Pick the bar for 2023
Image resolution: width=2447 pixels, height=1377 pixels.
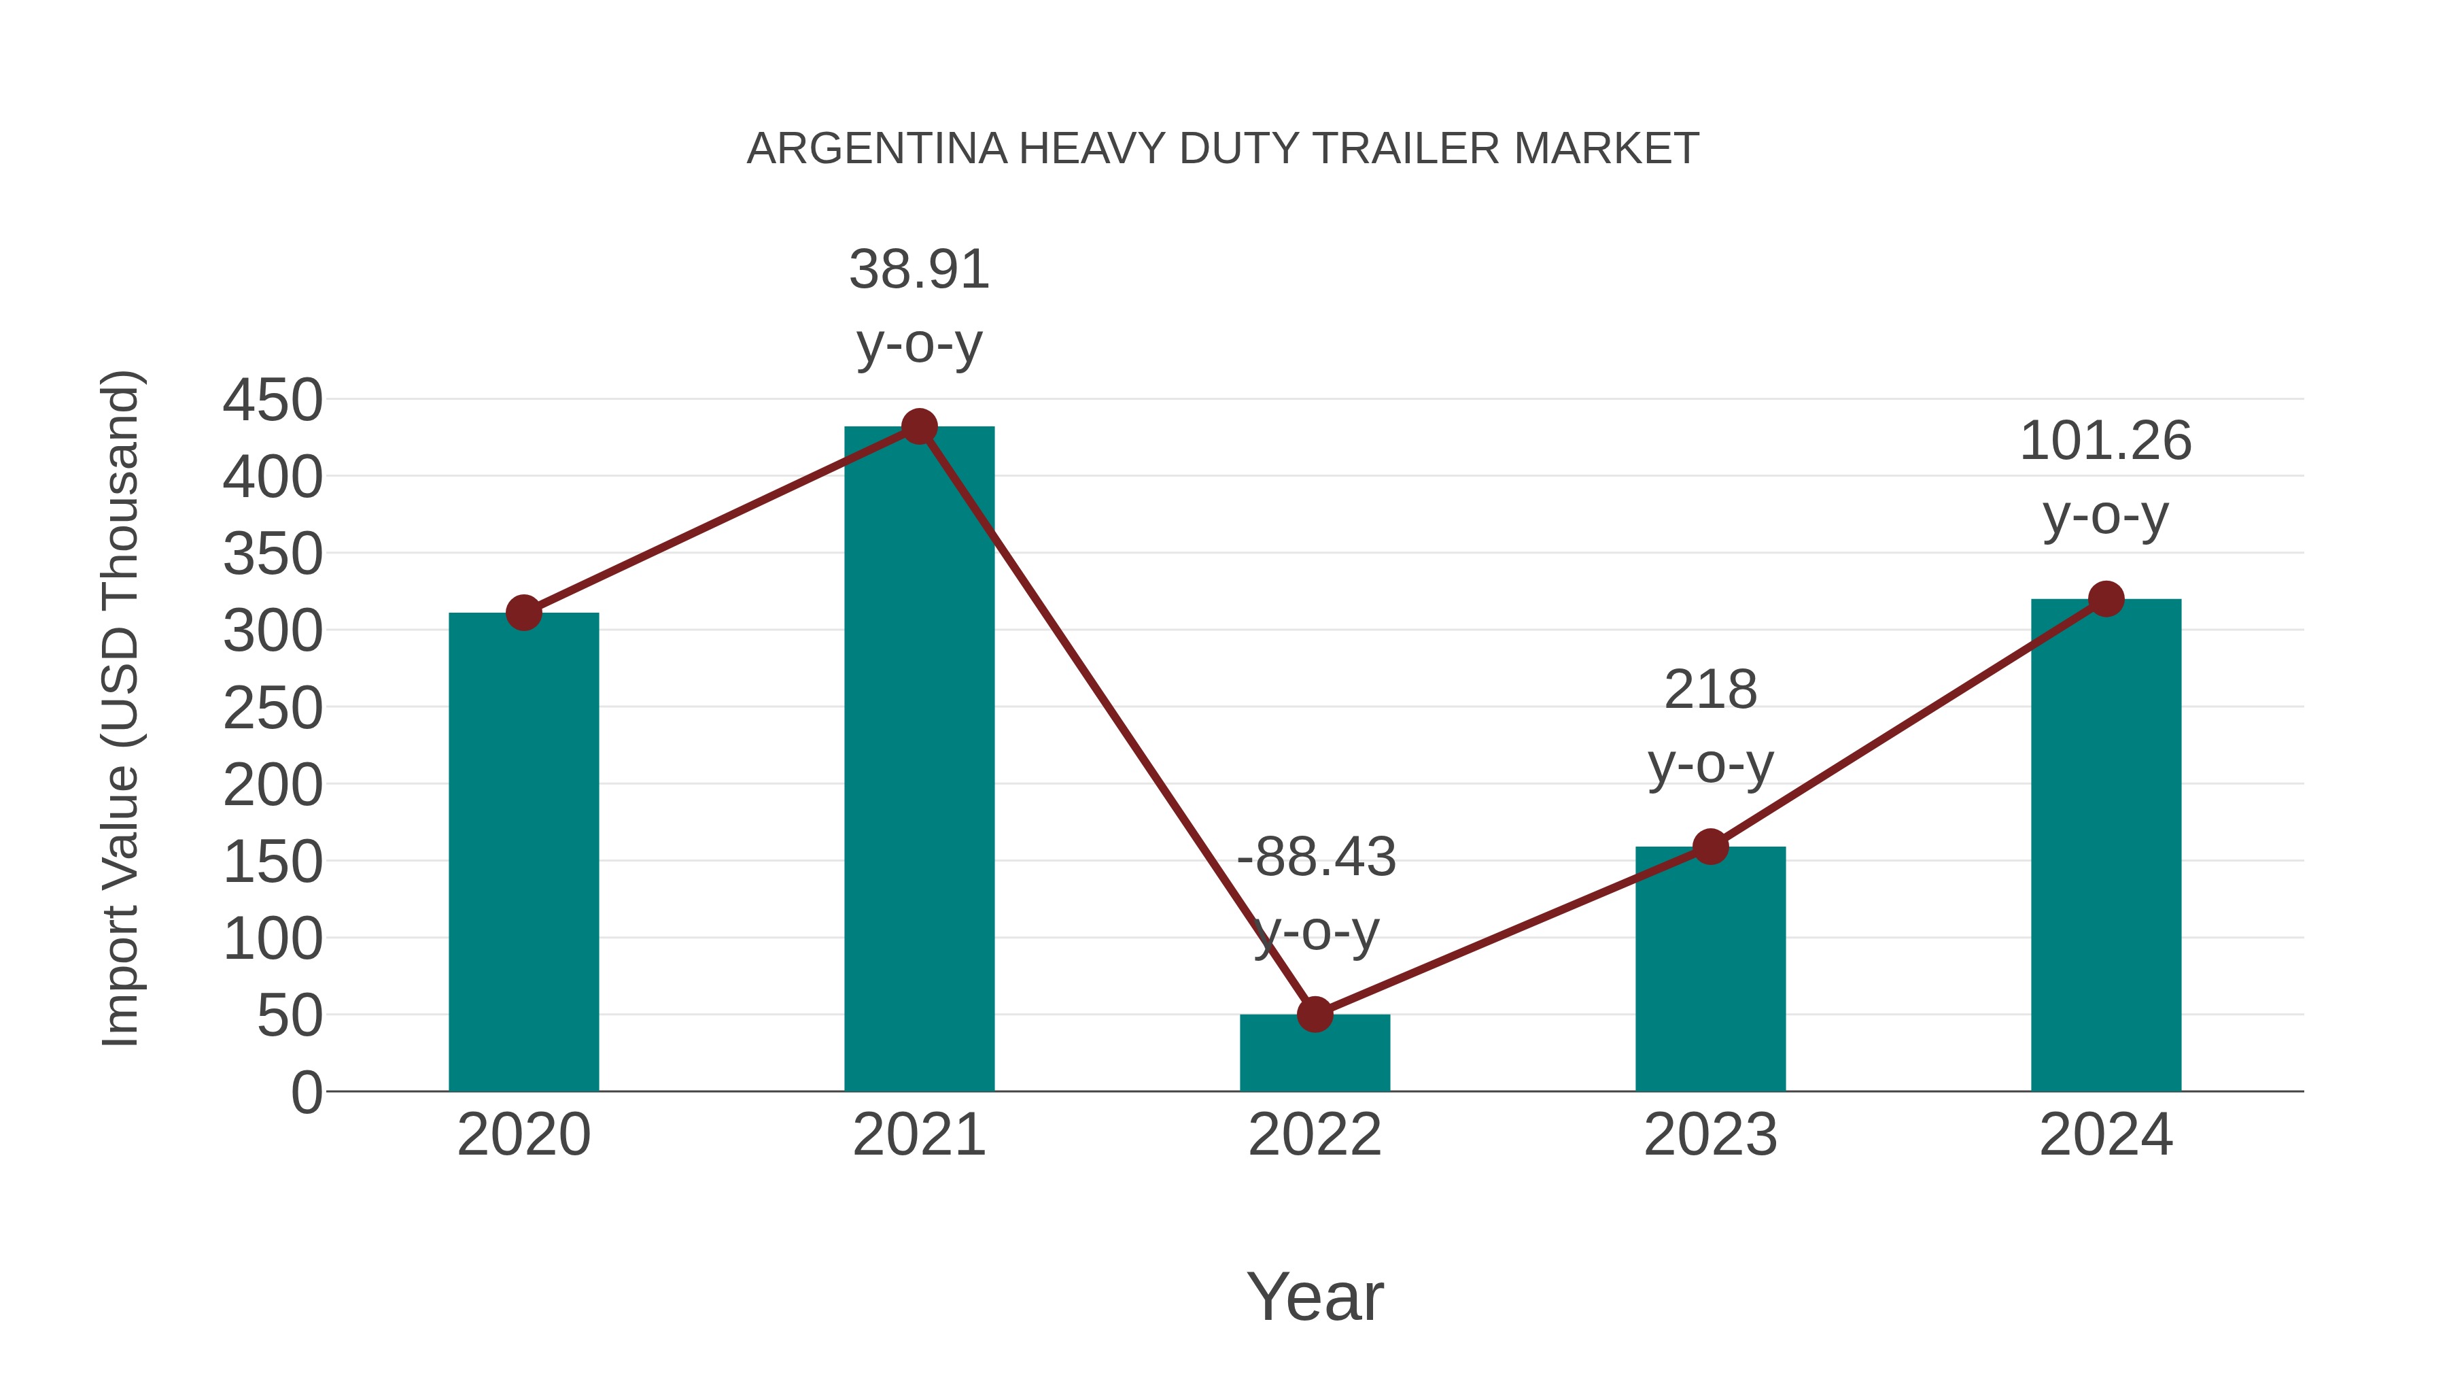pos(1710,968)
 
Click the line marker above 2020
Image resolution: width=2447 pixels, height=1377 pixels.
pos(523,613)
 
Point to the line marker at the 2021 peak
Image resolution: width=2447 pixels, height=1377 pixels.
pos(918,426)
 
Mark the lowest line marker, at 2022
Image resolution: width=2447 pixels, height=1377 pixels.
pos(1315,1015)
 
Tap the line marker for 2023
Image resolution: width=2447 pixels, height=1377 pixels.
pos(1710,847)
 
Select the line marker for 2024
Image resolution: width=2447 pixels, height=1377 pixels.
pos(2106,598)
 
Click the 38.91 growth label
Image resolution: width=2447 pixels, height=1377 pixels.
pos(918,270)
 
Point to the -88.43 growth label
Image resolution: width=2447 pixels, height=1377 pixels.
pos(1316,857)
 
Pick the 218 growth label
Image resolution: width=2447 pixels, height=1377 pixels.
pos(1710,690)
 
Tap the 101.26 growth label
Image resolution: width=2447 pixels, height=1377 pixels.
pos(2105,442)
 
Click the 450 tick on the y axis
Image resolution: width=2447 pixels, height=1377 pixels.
pos(273,400)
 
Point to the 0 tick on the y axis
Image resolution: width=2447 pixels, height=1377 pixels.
pos(307,1093)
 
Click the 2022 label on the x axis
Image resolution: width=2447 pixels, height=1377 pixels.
pos(1315,1135)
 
